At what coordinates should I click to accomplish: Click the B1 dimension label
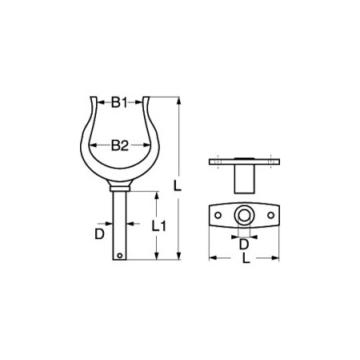(119, 102)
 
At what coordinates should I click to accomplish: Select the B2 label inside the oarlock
(119, 145)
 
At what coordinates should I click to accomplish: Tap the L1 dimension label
(158, 226)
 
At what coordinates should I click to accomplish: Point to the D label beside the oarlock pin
(99, 234)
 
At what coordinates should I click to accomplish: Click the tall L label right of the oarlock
(178, 186)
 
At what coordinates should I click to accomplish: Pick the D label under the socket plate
(243, 243)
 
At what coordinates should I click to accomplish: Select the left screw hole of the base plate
(216, 215)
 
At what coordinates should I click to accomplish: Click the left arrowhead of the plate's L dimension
(211, 258)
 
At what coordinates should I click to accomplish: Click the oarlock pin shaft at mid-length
(120, 228)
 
